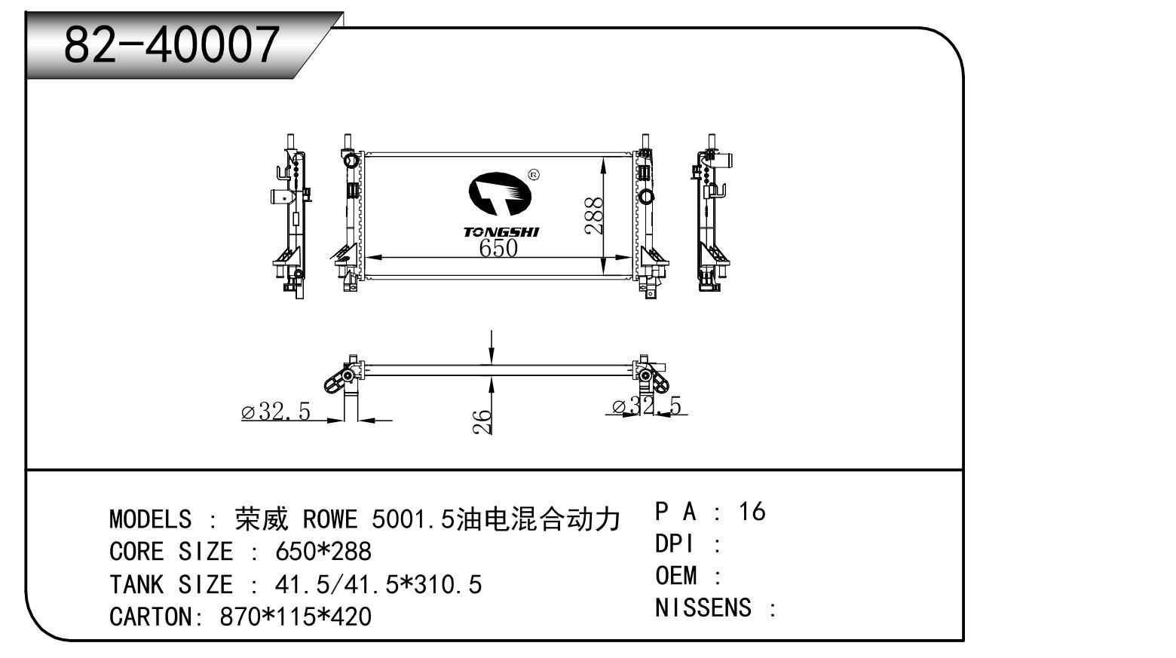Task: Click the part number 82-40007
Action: pos(171,44)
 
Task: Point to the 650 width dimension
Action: pos(498,247)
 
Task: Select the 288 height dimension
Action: pos(595,216)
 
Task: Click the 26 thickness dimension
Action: pos(482,421)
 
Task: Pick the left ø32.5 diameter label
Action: pos(276,412)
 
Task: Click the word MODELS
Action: pos(150,519)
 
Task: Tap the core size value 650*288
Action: pos(323,552)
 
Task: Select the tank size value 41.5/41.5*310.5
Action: pos(378,584)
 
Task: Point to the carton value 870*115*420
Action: pos(296,617)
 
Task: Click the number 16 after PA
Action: pos(752,512)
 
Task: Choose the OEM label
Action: pos(675,576)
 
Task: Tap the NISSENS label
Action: pos(703,608)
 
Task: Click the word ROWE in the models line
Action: pos(329,519)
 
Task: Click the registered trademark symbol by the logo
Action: pos(534,175)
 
